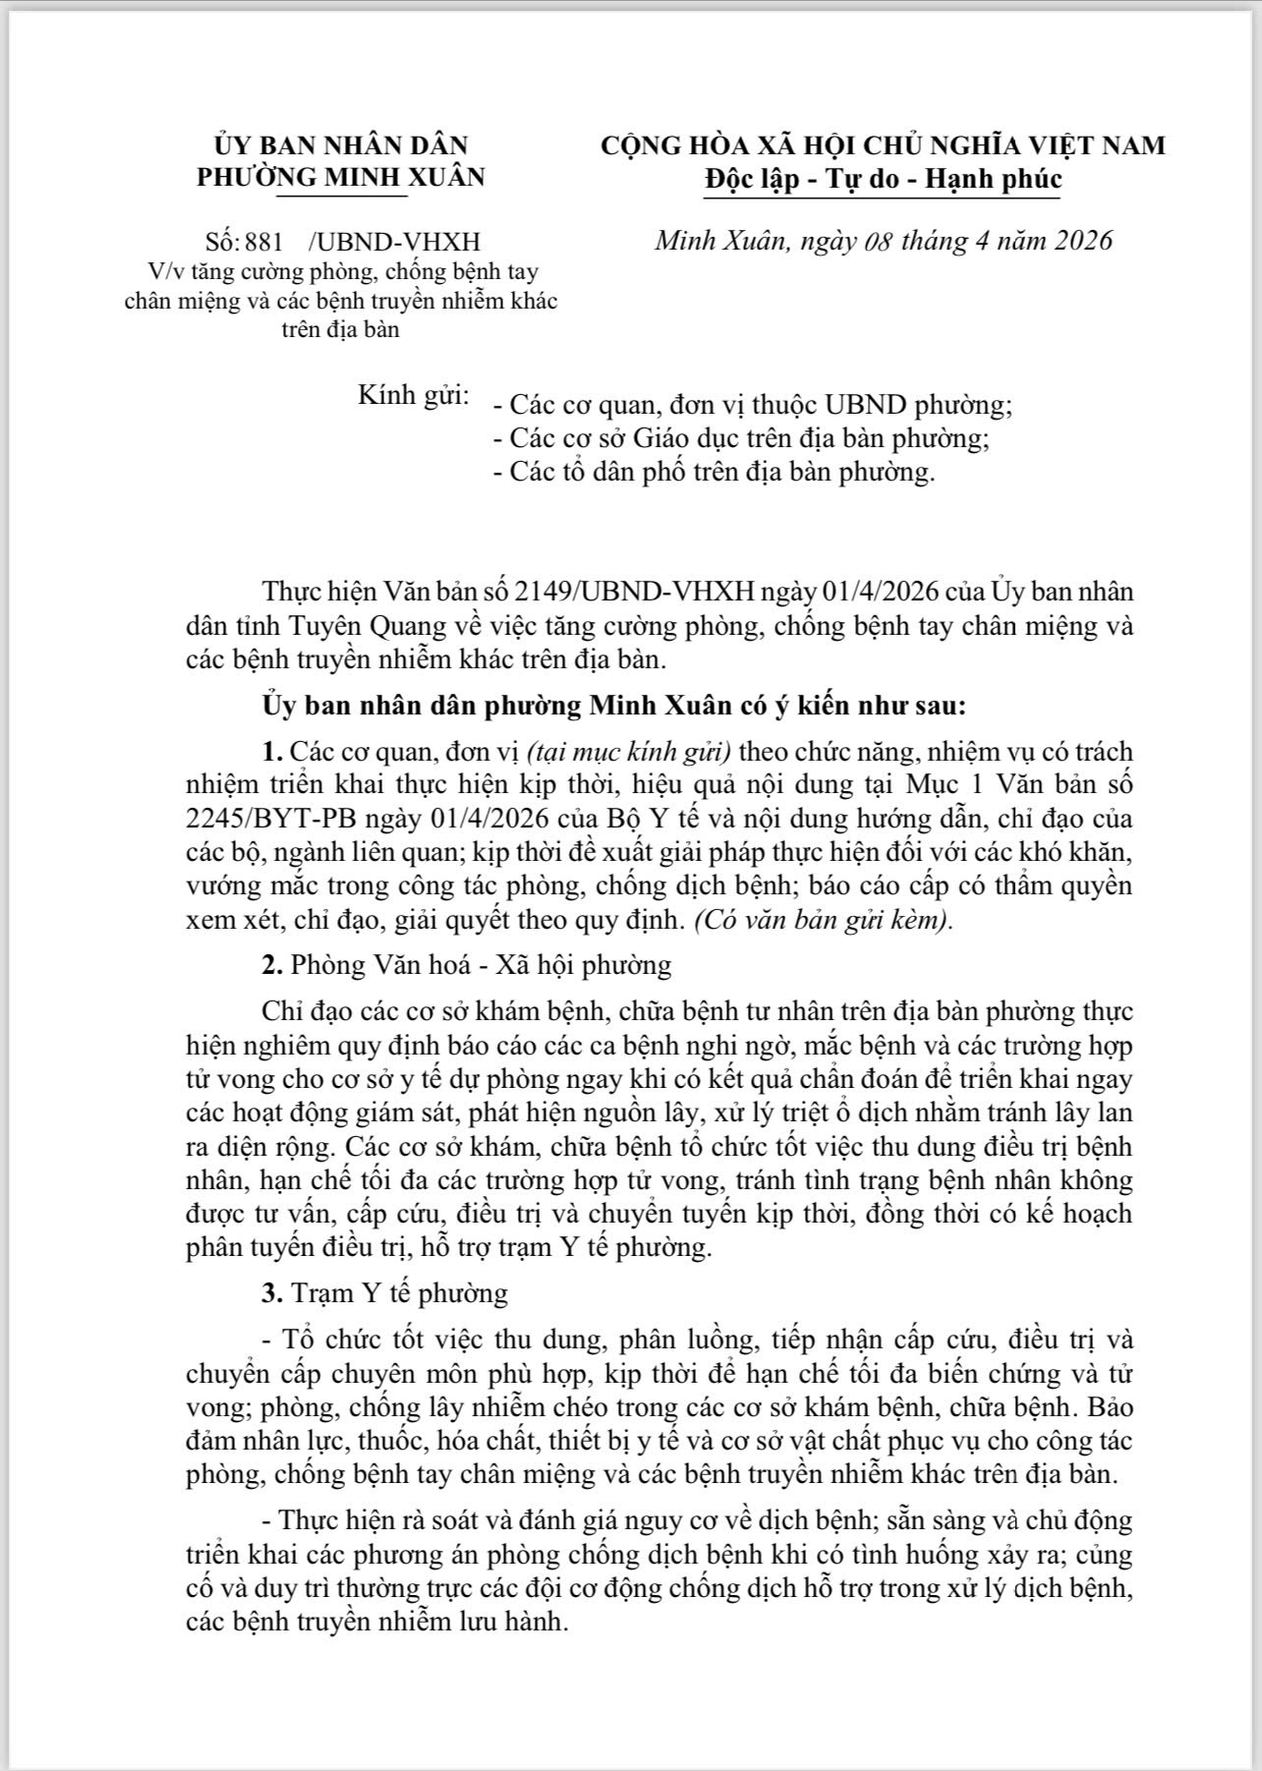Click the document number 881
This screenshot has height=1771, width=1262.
263,242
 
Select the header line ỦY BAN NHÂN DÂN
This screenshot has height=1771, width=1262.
341,145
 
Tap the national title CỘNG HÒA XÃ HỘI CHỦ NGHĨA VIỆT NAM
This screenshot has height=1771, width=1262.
883,145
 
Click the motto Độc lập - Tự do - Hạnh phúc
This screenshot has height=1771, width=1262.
883,179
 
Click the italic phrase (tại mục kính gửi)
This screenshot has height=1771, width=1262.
629,752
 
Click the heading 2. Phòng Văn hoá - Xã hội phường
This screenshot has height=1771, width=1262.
467,965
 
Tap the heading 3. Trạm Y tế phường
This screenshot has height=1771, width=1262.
384,1292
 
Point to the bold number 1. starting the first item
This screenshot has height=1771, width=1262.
272,752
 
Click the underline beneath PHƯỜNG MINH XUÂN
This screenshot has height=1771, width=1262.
341,195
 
